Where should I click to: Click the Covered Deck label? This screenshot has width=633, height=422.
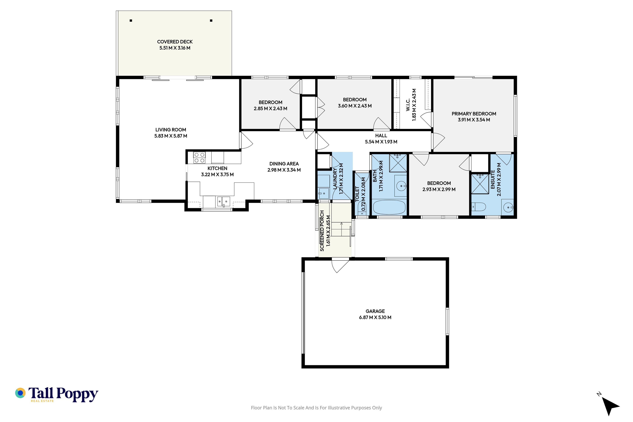coord(175,42)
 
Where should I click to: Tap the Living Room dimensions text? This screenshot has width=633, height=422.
coord(171,136)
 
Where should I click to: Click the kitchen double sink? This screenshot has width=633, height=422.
coord(224,201)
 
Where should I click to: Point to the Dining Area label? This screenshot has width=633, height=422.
coord(284,164)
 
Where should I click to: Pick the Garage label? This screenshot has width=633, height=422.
coord(375,311)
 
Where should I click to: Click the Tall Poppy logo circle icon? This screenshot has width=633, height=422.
coord(20,393)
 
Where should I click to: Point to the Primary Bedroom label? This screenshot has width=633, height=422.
coord(474,114)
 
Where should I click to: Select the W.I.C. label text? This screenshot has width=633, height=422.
coord(408,105)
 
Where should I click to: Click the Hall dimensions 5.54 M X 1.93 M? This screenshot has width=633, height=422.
coord(381,142)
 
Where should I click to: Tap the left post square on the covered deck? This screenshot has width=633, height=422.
coord(131,20)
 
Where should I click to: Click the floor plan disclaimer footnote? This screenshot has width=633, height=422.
coord(316,408)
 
